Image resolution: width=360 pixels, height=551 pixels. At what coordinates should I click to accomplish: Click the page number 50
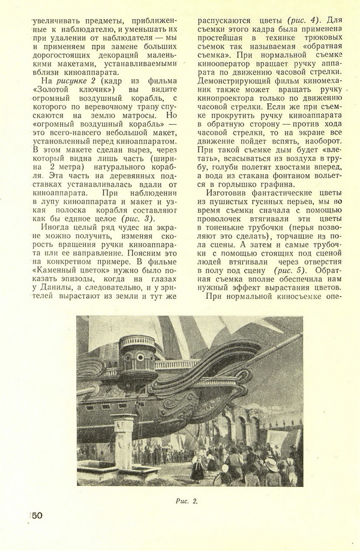pyautogui.click(x=35, y=516)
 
